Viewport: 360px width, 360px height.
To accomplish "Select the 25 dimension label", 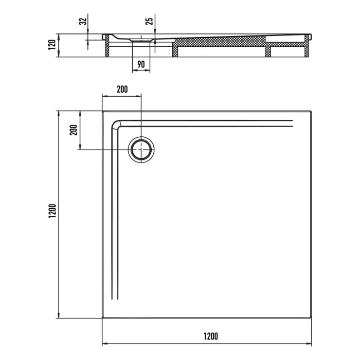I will point(149,21).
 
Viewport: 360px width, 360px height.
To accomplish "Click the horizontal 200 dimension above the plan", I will point(122,89).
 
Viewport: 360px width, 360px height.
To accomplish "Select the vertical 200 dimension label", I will point(73,131).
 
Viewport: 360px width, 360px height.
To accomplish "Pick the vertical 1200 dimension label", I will point(51,214).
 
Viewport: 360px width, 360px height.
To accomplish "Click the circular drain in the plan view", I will point(141,150).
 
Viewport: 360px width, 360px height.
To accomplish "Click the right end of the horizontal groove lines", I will point(292,122).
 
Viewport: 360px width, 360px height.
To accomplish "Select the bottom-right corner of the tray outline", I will point(311,318).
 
